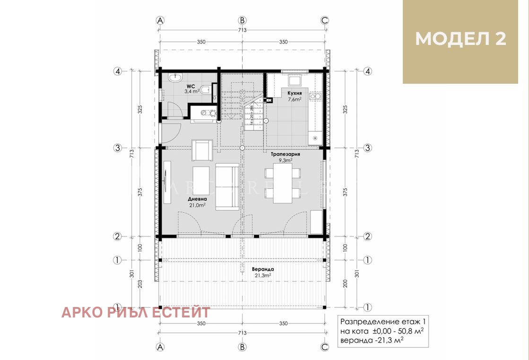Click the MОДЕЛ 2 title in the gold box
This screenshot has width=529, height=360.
[x=460, y=39]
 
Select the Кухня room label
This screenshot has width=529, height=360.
[x=295, y=93]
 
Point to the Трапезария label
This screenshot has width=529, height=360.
[x=286, y=154]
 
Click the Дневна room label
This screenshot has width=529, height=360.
[x=197, y=199]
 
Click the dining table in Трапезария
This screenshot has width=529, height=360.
[x=282, y=184]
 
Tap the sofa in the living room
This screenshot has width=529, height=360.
[x=227, y=187]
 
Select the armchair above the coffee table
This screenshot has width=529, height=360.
[x=201, y=150]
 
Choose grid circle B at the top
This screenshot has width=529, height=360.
[x=242, y=20]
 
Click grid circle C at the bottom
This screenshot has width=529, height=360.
[x=325, y=346]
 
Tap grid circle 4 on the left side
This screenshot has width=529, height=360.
[x=117, y=71]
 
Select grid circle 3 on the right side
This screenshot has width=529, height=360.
[x=368, y=148]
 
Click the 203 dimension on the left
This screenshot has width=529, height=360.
[x=140, y=283]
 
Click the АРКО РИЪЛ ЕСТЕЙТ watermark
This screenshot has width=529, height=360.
[x=136, y=313]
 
